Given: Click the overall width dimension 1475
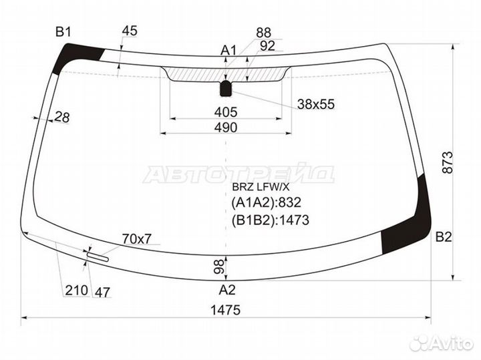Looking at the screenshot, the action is click(226, 310).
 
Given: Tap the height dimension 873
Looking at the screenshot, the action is click(448, 162).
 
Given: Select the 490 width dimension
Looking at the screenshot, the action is click(226, 128).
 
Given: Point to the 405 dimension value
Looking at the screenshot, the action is click(226, 112).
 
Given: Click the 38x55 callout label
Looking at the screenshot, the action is click(315, 104).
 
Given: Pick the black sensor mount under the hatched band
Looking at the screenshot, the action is click(226, 88).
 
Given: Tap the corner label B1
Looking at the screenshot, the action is click(63, 32).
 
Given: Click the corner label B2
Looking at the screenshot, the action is click(444, 237).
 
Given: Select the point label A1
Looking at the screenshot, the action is click(228, 51).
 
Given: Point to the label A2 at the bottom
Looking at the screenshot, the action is click(227, 290).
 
